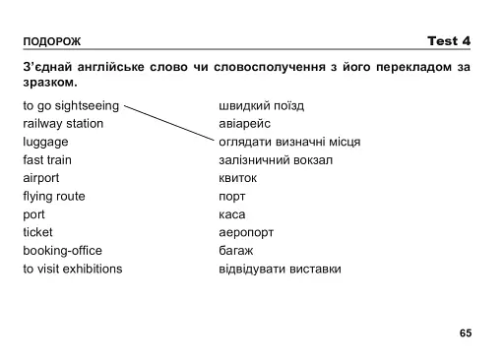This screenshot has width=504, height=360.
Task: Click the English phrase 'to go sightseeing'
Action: click(x=71, y=105)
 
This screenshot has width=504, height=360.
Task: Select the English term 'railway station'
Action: click(x=63, y=124)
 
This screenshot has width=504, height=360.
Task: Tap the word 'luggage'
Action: click(x=45, y=142)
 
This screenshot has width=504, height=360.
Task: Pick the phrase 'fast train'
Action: click(x=47, y=159)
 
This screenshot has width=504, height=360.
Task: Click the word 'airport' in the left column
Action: click(x=41, y=178)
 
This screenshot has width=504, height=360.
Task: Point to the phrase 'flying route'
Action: click(x=54, y=196)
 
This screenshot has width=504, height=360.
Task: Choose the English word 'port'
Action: click(x=33, y=213)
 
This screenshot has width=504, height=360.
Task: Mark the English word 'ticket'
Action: click(x=38, y=232)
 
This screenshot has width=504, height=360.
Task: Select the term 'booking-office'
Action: click(x=62, y=250)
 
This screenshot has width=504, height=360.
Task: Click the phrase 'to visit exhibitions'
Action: click(x=73, y=268)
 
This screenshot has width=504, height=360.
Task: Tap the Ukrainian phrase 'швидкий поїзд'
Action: click(x=261, y=105)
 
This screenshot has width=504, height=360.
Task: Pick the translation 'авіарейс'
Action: click(x=244, y=124)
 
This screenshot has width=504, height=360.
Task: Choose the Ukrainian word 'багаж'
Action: click(x=235, y=250)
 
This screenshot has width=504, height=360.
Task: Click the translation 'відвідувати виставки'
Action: click(x=280, y=268)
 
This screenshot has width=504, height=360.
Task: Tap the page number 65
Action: click(x=466, y=332)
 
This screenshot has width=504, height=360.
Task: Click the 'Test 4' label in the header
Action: click(x=449, y=40)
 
